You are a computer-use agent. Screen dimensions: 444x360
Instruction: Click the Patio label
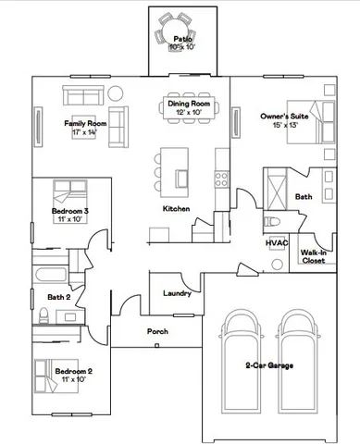(182, 39)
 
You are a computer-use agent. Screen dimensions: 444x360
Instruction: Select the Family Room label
(85, 123)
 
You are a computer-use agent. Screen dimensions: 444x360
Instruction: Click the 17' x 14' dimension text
(85, 133)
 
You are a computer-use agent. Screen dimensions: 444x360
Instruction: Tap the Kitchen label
(176, 209)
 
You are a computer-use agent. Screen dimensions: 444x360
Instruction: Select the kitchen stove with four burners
(221, 168)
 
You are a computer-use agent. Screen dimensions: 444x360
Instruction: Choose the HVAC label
(278, 242)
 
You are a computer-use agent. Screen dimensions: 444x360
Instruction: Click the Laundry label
(177, 293)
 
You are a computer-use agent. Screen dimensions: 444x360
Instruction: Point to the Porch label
(157, 331)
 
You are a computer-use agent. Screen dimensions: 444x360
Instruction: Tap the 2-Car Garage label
(269, 366)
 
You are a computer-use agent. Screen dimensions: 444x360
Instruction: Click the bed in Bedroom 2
(44, 376)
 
